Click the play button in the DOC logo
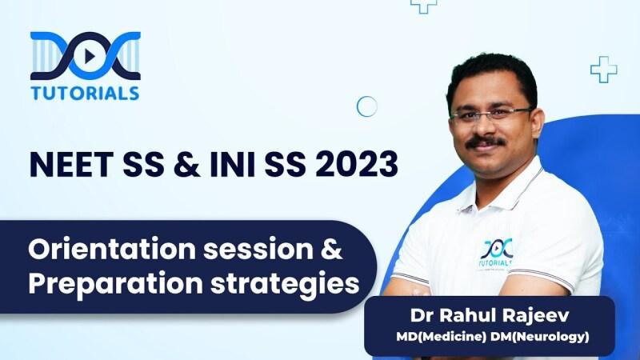click(x=89, y=56)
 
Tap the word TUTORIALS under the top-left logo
click(x=85, y=93)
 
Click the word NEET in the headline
click(x=71, y=165)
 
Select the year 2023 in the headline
click(x=357, y=165)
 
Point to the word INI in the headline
click(x=232, y=165)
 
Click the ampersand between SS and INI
click(x=187, y=165)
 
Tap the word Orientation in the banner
click(x=112, y=249)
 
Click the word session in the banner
click(x=258, y=250)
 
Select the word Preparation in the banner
click(x=115, y=283)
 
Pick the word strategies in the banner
click(x=285, y=283)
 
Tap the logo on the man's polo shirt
click(x=496, y=254)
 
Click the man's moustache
click(x=486, y=142)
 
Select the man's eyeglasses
click(x=491, y=114)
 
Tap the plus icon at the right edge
click(x=604, y=70)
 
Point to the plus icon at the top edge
click(x=424, y=5)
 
